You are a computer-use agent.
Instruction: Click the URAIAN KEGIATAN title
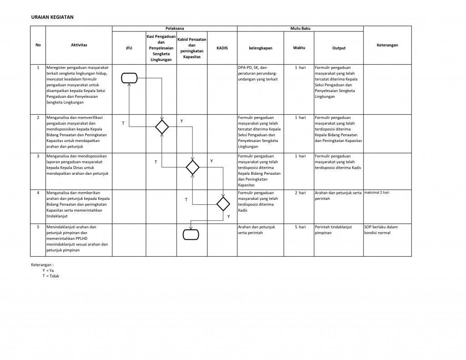click(x=52, y=17)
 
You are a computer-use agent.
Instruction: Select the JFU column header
click(x=129, y=48)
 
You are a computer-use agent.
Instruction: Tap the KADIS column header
click(x=223, y=48)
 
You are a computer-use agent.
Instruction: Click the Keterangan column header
click(x=387, y=45)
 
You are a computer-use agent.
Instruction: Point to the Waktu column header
click(x=299, y=48)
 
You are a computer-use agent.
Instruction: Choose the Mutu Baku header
click(x=300, y=29)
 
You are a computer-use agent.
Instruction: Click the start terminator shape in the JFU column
click(x=129, y=78)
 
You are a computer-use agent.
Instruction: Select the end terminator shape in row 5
click(x=191, y=234)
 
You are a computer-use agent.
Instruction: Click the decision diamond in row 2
click(x=162, y=127)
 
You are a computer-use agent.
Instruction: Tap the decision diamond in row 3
click(x=193, y=167)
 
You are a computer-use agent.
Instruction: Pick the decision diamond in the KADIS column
click(x=223, y=203)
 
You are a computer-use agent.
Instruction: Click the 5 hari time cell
click(x=299, y=227)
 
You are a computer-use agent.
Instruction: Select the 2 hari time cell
click(x=299, y=193)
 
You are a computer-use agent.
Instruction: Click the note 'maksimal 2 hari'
click(x=377, y=193)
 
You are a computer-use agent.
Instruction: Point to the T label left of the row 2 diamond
click(x=122, y=123)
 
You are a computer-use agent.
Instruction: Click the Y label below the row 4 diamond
click(x=228, y=217)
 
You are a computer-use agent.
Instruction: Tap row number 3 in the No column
click(x=38, y=156)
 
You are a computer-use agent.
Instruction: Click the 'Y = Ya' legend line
click(x=48, y=270)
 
